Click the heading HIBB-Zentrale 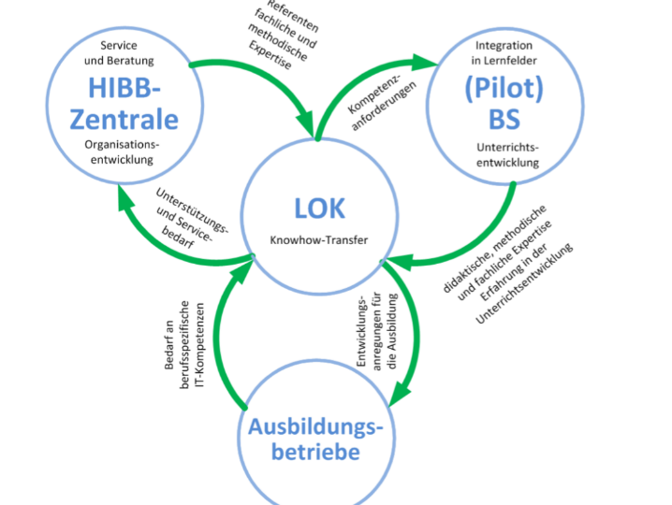[x=133, y=103]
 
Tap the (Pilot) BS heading [x=504, y=104]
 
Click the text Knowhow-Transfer [x=318, y=240]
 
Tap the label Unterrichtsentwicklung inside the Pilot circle [x=504, y=155]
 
